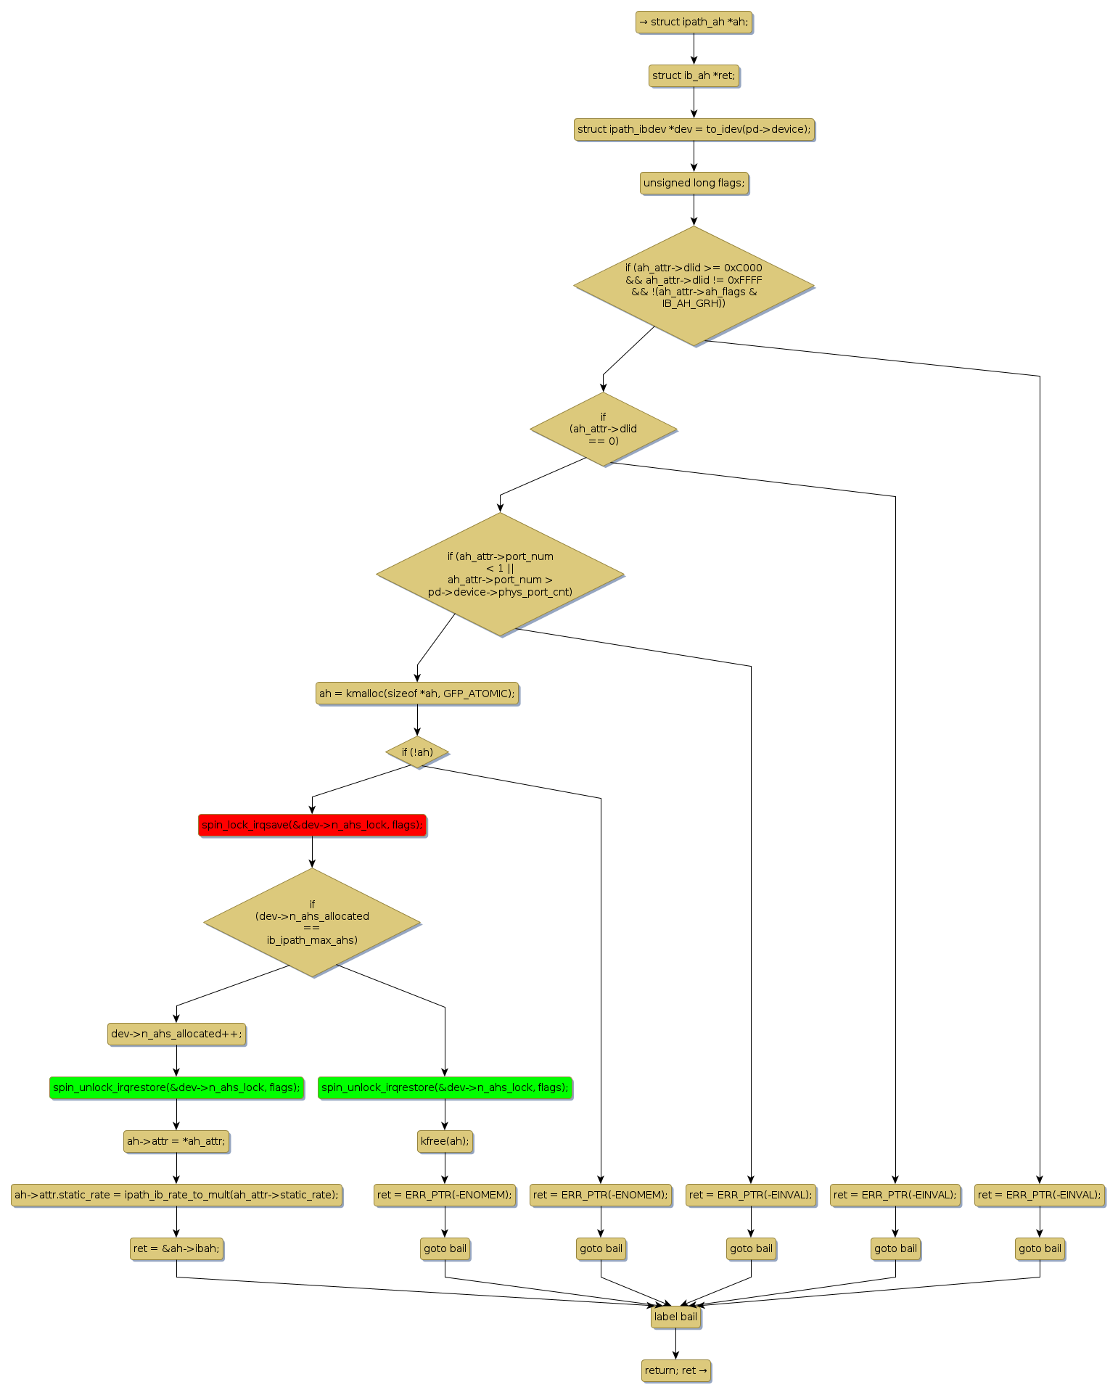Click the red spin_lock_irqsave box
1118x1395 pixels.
click(x=312, y=825)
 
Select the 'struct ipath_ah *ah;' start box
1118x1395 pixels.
click(x=694, y=22)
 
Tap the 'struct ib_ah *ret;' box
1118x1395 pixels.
click(x=694, y=75)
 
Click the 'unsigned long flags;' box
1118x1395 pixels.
click(x=694, y=183)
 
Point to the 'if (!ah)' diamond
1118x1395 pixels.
click(x=417, y=752)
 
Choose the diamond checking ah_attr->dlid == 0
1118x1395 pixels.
click(x=603, y=429)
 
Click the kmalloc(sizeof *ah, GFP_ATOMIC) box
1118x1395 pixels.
click(x=417, y=694)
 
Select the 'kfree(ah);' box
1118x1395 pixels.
click(x=445, y=1141)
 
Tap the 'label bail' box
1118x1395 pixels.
click(x=675, y=1317)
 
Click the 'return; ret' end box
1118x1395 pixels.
click(x=675, y=1370)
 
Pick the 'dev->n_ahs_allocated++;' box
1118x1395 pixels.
click(x=176, y=1034)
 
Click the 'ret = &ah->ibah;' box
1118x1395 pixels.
click(x=176, y=1248)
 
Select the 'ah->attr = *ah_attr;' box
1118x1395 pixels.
click(x=176, y=1141)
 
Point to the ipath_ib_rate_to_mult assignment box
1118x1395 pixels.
click(x=176, y=1195)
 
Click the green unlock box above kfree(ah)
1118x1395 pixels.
click(x=445, y=1087)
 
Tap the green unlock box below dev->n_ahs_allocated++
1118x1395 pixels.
click(x=176, y=1087)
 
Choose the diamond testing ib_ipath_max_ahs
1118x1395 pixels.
click(x=312, y=922)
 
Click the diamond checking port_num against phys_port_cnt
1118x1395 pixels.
click(x=500, y=574)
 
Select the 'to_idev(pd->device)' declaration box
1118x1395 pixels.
click(x=694, y=129)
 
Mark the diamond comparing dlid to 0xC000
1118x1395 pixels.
click(x=694, y=285)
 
